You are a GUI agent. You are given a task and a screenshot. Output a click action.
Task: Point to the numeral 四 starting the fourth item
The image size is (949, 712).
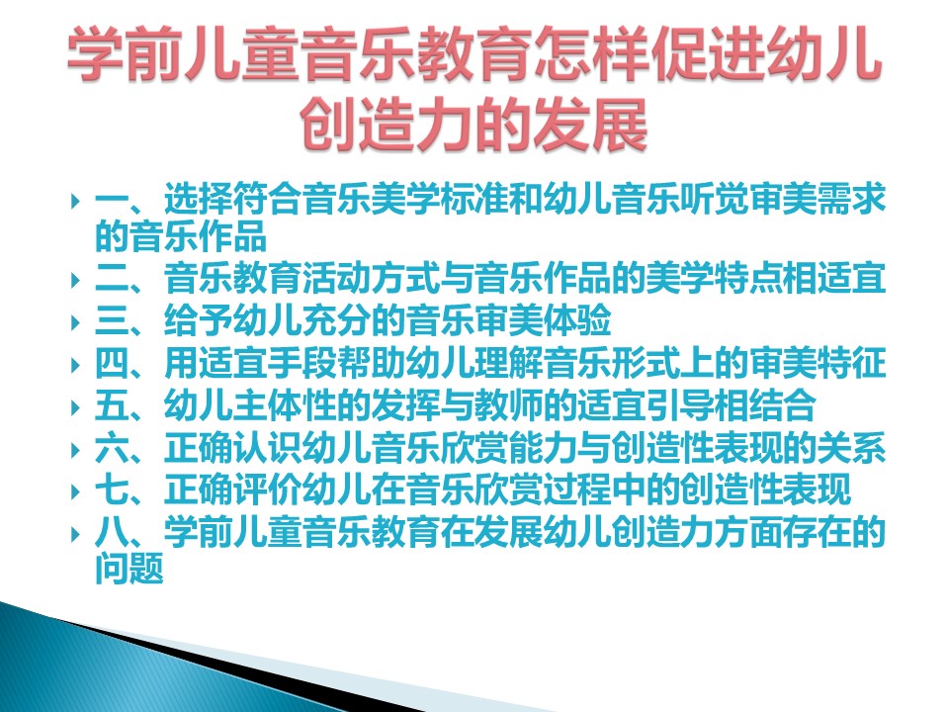pos(112,363)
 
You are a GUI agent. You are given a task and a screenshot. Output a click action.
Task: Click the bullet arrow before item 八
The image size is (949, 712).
pos(76,533)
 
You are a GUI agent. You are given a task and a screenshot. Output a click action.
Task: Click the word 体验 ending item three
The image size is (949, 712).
pos(577,320)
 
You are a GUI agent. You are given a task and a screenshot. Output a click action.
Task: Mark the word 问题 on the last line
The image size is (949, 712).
pos(129,569)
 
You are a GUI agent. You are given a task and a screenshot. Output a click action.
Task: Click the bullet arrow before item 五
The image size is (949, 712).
pos(76,406)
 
